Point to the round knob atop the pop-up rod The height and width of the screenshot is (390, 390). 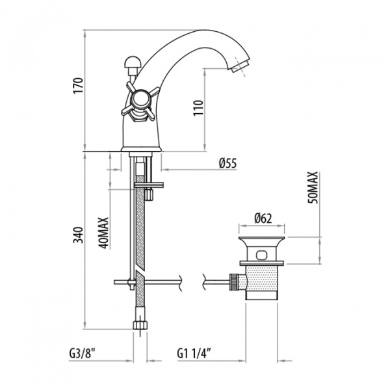point(131,63)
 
